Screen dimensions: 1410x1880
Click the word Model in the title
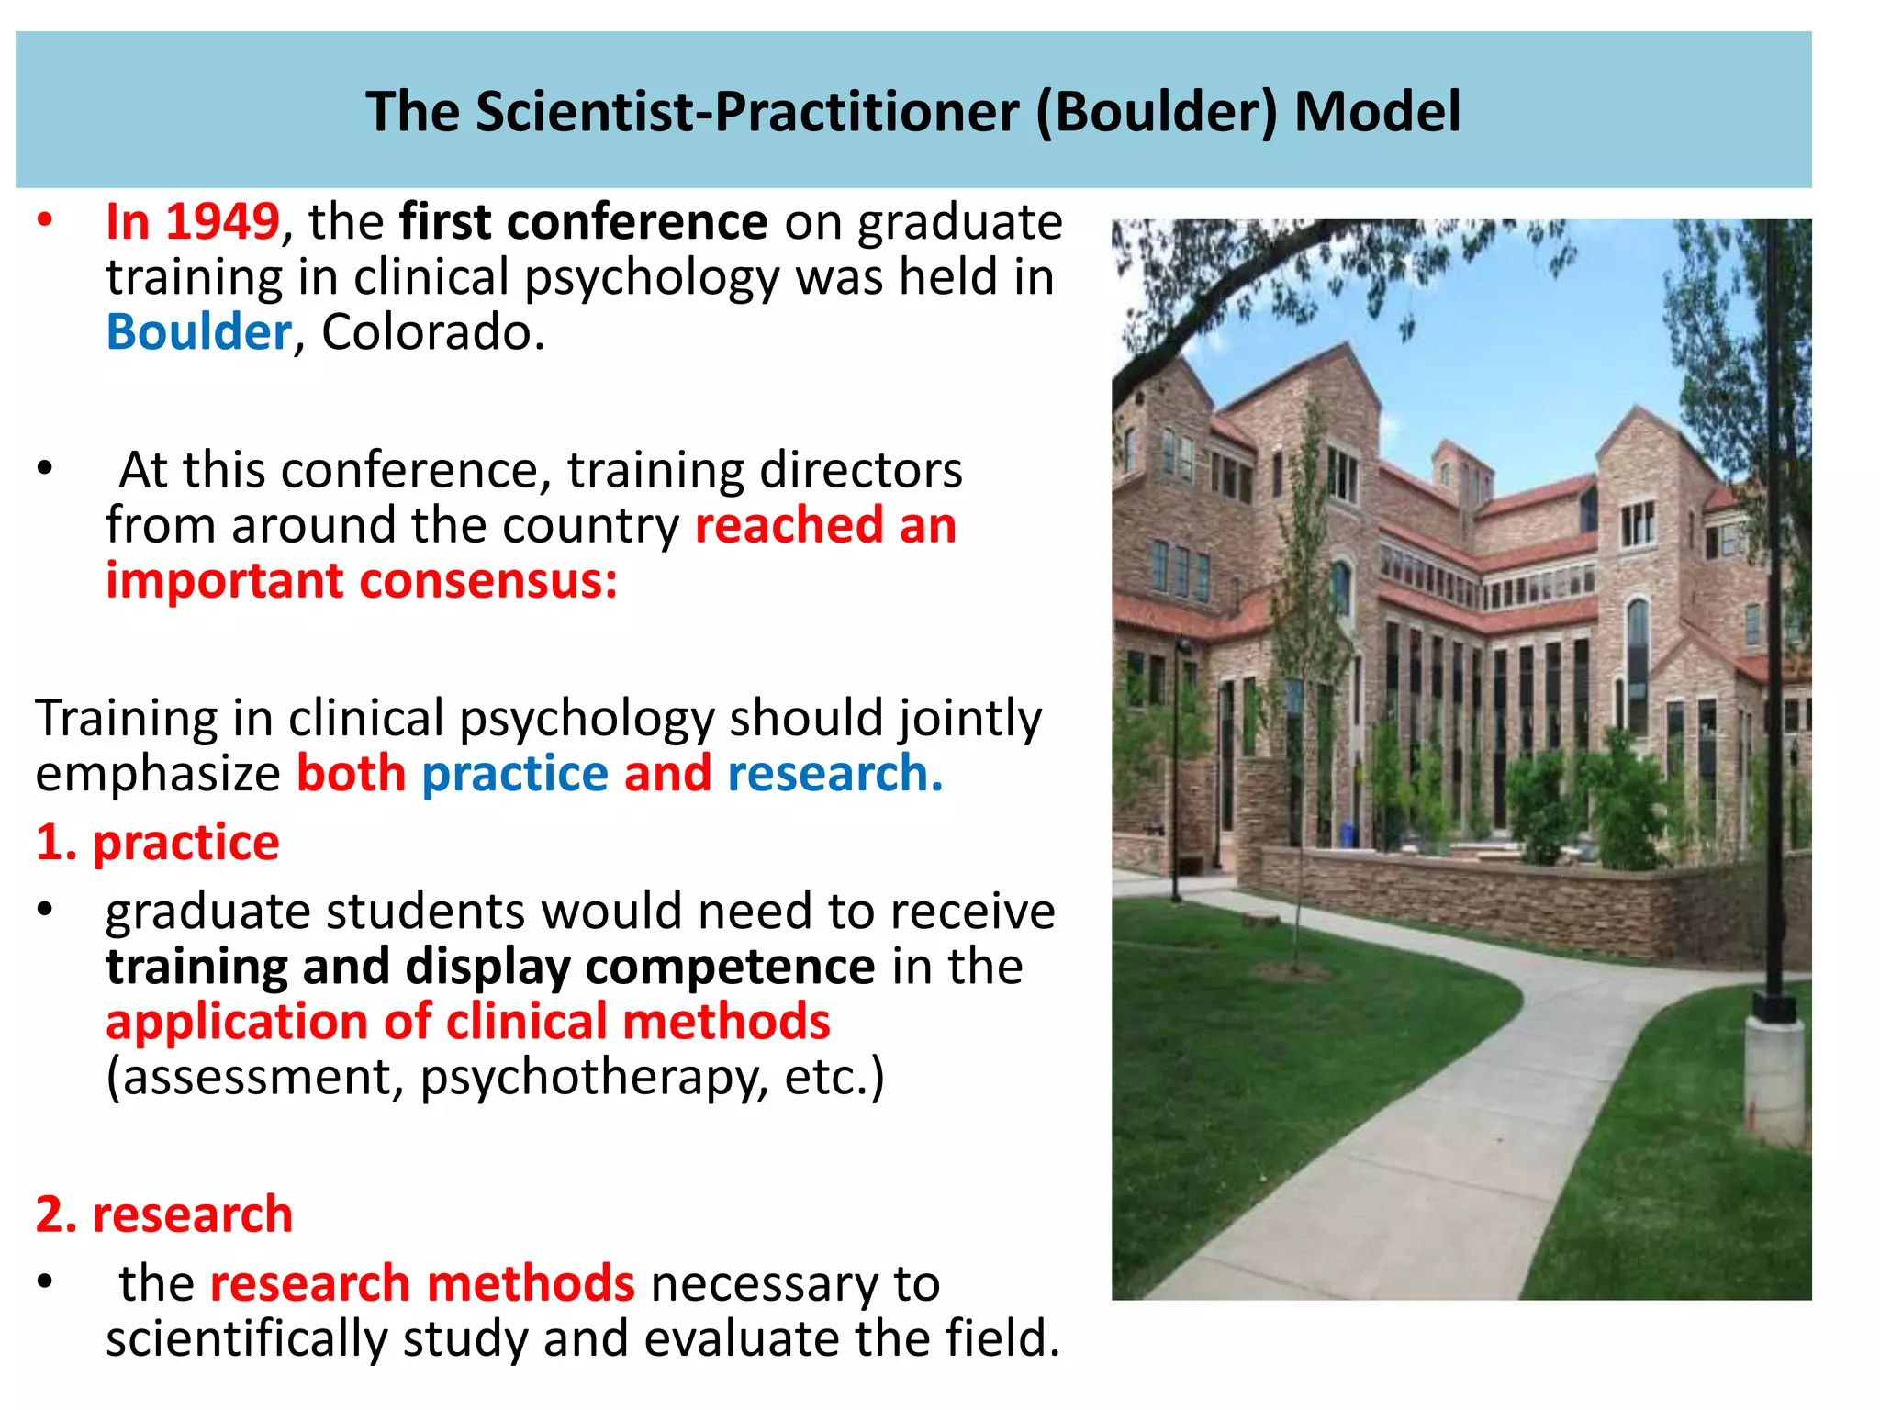click(x=1377, y=112)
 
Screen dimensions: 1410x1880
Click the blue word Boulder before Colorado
click(x=198, y=332)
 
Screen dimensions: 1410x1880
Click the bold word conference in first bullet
click(x=637, y=222)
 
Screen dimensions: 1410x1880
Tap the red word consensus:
click(x=488, y=581)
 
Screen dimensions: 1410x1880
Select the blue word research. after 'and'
click(x=834, y=774)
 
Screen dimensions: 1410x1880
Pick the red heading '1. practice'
click(x=157, y=843)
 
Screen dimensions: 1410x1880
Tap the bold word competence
click(x=731, y=967)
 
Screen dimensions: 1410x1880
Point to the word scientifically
click(x=246, y=1338)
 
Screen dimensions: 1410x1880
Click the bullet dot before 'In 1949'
click(x=45, y=220)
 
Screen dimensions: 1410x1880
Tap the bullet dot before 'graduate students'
click(x=45, y=910)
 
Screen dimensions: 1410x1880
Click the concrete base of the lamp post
click(x=1774, y=1079)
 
